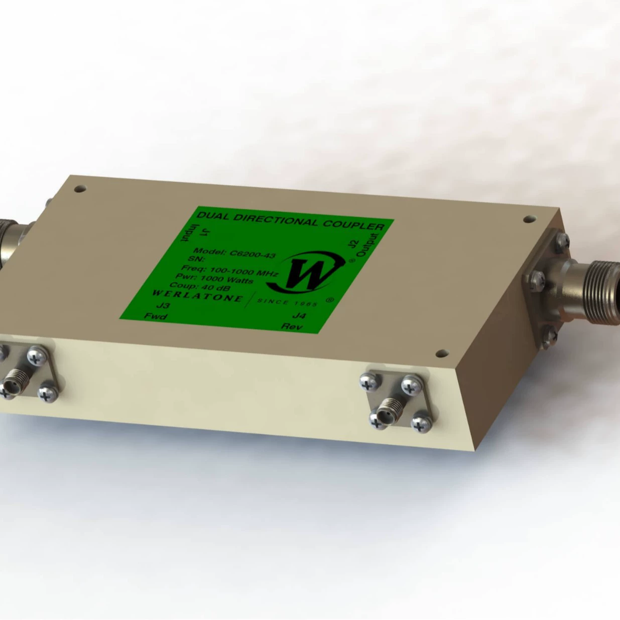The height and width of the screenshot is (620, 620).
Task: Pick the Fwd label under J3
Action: tap(155, 316)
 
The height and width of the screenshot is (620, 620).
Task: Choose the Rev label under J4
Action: tap(292, 326)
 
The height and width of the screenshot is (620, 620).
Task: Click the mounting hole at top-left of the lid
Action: tap(78, 189)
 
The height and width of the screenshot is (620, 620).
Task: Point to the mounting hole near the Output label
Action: tap(528, 219)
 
